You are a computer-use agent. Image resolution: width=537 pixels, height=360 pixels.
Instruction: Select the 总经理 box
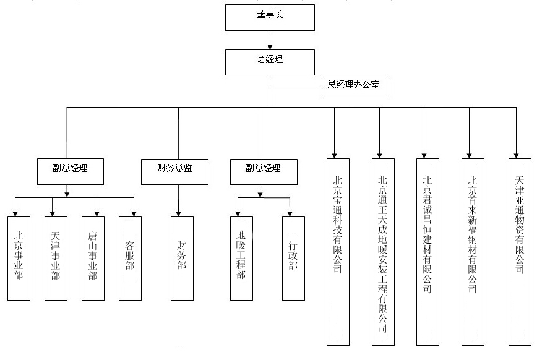pyautogui.click(x=270, y=62)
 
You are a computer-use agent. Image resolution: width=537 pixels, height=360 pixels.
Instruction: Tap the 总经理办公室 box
pyautogui.click(x=355, y=85)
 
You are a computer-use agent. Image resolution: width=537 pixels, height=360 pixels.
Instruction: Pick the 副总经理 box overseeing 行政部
pyautogui.click(x=263, y=171)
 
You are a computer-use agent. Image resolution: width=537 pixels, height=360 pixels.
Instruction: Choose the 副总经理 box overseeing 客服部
pyautogui.click(x=69, y=171)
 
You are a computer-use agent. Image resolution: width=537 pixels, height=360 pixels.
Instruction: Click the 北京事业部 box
pyautogui.click(x=19, y=258)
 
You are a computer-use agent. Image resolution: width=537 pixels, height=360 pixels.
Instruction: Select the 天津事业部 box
pyautogui.click(x=56, y=258)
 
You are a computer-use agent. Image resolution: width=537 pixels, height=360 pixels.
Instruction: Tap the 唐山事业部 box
pyautogui.click(x=93, y=258)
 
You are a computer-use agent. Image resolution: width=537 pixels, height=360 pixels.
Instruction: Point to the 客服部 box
pyautogui.click(x=130, y=258)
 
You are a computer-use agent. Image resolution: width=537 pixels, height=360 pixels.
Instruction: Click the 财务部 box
pyautogui.click(x=181, y=258)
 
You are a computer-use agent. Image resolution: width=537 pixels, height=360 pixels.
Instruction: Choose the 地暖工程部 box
pyautogui.click(x=241, y=258)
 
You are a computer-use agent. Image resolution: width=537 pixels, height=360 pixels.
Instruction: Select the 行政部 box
pyautogui.click(x=293, y=258)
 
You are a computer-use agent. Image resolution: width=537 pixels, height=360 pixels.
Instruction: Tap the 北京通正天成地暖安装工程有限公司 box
pyautogui.click(x=383, y=251)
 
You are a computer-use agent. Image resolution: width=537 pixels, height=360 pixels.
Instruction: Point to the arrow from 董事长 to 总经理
pyautogui.click(x=270, y=40)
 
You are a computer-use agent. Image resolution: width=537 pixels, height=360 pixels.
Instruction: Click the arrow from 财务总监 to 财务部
pyautogui.click(x=179, y=200)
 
